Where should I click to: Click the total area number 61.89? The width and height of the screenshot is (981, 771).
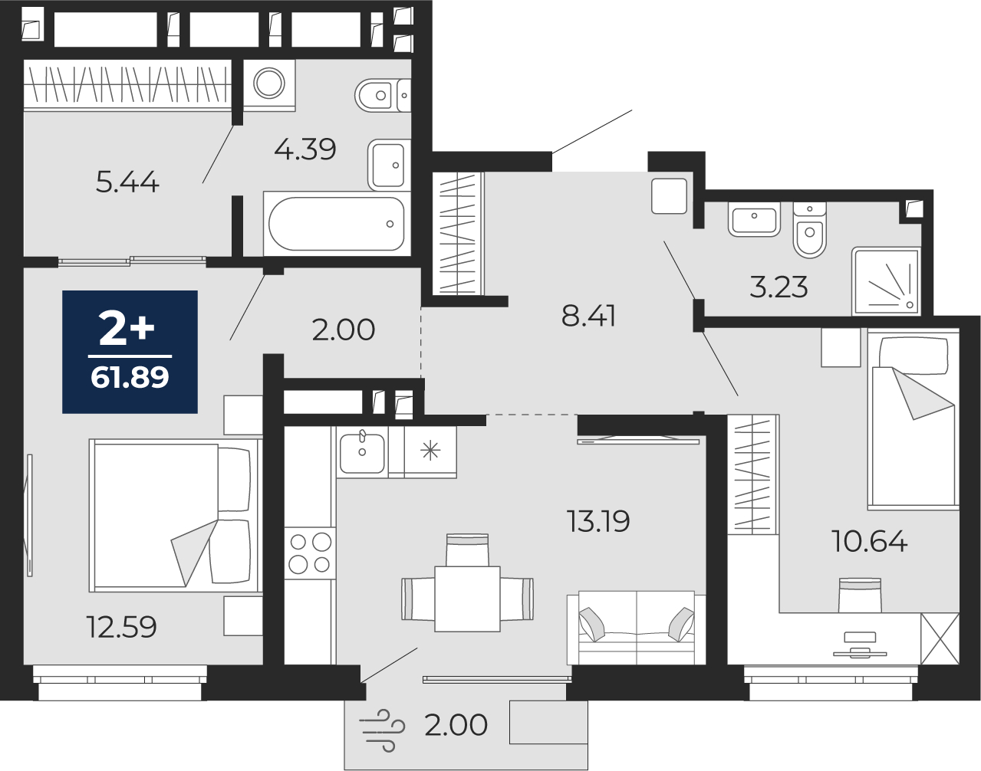click(130, 377)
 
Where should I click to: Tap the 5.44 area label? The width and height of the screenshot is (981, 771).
click(127, 182)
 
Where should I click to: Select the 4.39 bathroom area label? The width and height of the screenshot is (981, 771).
click(305, 149)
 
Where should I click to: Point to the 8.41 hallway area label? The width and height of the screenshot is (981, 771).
click(588, 316)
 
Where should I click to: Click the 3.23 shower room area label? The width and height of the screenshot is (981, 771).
click(779, 287)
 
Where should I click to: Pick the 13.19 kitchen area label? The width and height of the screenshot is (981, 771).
click(598, 521)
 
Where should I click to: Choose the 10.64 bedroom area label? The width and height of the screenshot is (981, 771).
click(870, 541)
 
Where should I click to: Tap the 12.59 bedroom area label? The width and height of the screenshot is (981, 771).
click(121, 627)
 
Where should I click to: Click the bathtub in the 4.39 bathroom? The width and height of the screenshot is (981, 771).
click(337, 224)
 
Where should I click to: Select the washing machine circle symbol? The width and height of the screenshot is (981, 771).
click(269, 84)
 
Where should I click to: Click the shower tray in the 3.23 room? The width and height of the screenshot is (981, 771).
click(886, 281)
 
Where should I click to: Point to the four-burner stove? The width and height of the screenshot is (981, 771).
click(310, 553)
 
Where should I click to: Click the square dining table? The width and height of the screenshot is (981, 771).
click(467, 599)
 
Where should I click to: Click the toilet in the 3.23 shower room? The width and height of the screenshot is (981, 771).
click(810, 231)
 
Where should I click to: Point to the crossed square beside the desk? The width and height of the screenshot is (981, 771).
click(940, 638)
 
